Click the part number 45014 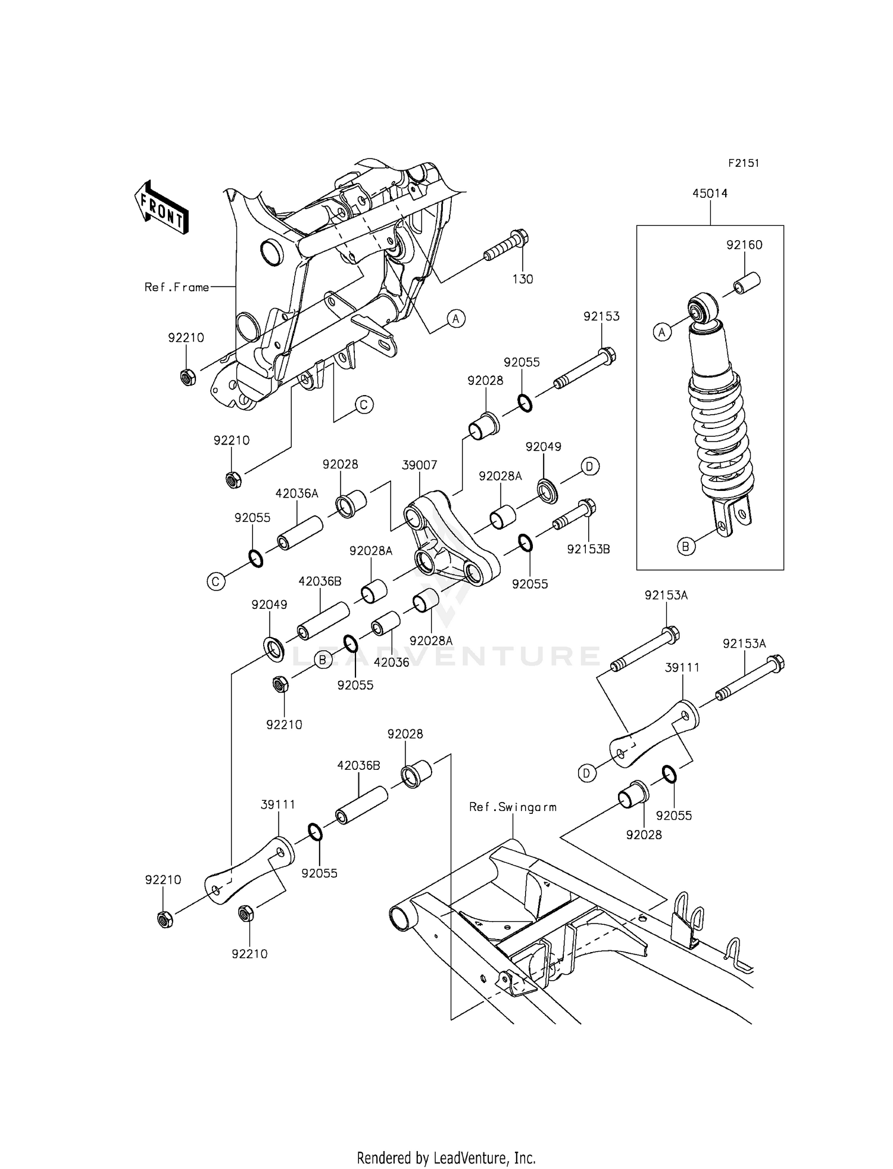tap(710, 194)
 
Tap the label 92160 tap(744, 245)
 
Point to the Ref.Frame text tap(177, 287)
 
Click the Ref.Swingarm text tap(513, 807)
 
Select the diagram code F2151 tap(744, 163)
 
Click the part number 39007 tap(419, 465)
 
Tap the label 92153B tap(588, 549)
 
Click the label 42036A tap(296, 493)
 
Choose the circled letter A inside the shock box tap(663, 332)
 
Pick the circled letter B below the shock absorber tap(686, 546)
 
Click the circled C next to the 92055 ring tap(216, 581)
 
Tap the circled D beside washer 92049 tap(589, 467)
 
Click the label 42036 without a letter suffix tap(391, 662)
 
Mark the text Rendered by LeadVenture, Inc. tap(446, 1158)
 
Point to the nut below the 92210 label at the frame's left tap(187, 377)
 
